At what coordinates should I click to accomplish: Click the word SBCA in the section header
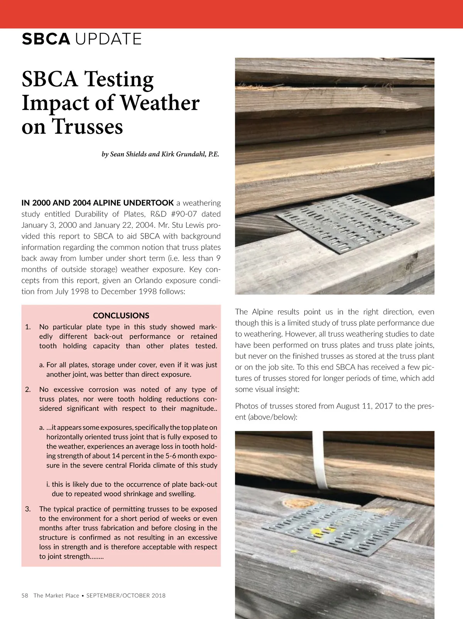tap(46, 39)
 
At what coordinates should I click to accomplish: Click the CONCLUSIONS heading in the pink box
tap(121, 316)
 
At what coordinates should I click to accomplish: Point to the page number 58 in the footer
tap(25, 595)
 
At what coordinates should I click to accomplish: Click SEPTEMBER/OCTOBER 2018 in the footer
tap(126, 595)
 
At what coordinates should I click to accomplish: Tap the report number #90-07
tap(183, 214)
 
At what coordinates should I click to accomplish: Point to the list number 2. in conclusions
tap(28, 390)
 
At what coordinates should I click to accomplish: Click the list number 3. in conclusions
tap(28, 509)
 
